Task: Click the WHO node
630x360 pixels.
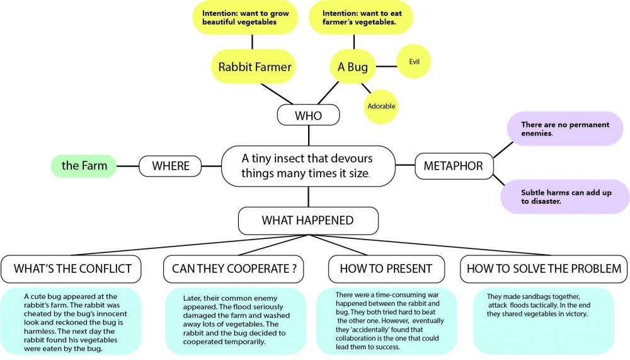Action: pos(308,116)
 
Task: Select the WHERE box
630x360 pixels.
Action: pos(171,166)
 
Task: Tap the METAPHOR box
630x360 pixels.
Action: pos(453,166)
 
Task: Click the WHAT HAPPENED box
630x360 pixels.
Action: pos(307,221)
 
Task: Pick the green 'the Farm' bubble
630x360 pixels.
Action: pos(84,166)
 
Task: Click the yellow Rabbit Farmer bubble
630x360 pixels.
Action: pos(255,66)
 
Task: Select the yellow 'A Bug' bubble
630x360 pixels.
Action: pos(353,66)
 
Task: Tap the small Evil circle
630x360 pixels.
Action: pos(414,62)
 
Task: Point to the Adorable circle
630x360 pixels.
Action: pos(381,106)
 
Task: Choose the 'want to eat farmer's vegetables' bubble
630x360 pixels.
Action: pos(358,17)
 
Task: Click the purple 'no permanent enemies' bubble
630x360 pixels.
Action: pos(565,129)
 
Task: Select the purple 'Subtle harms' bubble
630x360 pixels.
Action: pos(565,197)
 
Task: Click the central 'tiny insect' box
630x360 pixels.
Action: pos(308,166)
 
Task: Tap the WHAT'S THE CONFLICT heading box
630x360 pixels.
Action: pos(72,269)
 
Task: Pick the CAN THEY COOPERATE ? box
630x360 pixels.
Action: pos(234,269)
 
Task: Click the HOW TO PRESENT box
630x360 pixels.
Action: pos(386,269)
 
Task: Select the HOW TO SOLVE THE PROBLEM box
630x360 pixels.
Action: pos(543,269)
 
